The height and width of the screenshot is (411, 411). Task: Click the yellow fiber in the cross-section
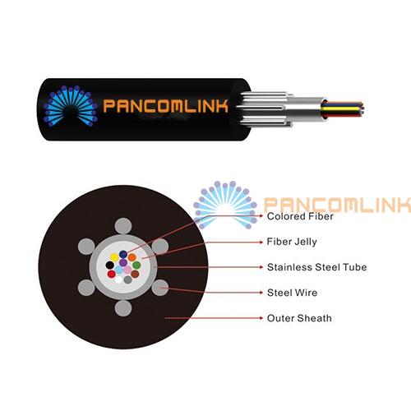(114, 257)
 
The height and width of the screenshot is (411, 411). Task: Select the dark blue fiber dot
(123, 254)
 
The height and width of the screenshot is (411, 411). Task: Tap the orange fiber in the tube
(132, 257)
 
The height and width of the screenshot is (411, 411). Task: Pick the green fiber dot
(136, 266)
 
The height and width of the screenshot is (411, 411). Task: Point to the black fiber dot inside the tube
(110, 266)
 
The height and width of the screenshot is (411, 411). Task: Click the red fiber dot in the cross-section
(111, 274)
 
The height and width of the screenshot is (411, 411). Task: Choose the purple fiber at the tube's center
(123, 262)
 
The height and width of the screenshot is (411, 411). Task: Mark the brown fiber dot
(135, 274)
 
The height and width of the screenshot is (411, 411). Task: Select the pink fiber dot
(127, 270)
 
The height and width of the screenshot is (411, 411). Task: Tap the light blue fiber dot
(118, 270)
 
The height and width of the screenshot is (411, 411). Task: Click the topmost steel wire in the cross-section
(123, 226)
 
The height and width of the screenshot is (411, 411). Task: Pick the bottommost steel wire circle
(123, 308)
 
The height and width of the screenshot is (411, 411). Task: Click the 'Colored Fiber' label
(300, 216)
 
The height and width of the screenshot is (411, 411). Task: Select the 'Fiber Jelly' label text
(292, 242)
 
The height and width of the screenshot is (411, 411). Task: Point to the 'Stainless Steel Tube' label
(316, 267)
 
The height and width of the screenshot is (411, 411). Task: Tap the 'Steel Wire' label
(292, 293)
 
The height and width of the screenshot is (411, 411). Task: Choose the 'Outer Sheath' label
(299, 318)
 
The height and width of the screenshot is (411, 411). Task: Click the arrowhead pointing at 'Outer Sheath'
(261, 318)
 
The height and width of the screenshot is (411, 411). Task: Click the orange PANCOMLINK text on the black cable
(165, 106)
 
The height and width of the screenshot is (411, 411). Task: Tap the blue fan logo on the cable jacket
(71, 106)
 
